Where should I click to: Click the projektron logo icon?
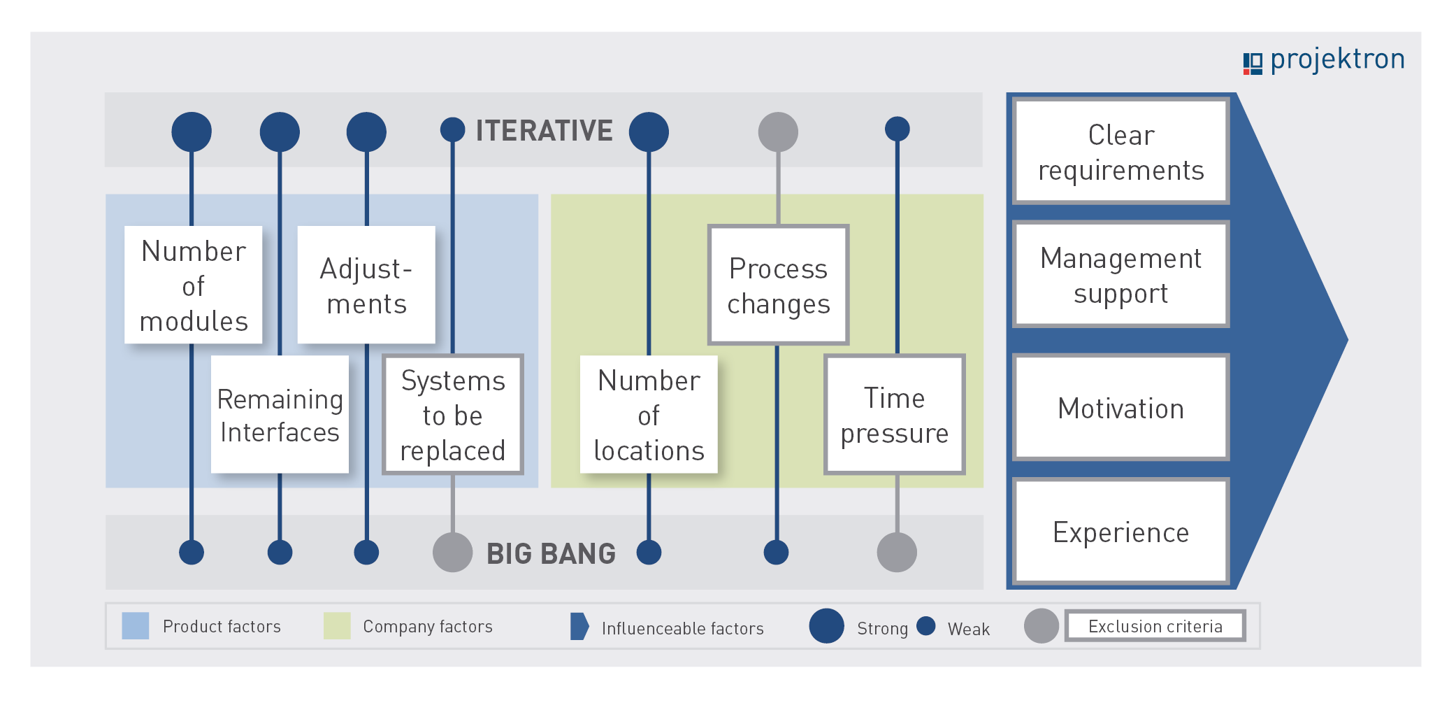coord(1253,63)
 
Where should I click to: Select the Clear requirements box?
coord(1121,151)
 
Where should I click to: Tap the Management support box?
coord(1121,274)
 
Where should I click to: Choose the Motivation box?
coord(1121,407)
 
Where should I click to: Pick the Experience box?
coord(1121,531)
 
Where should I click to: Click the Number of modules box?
coord(194,285)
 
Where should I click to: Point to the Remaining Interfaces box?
coord(280,414)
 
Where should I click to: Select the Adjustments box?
coord(366,285)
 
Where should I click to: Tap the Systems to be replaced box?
coord(453,414)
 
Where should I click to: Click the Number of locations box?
coord(649,414)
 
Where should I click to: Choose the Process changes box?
coord(778,285)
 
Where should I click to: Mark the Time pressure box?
coord(895,414)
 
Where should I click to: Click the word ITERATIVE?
coord(544,131)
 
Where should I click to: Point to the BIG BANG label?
coord(551,553)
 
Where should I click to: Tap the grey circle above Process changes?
coord(778,132)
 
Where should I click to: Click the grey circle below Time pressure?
coord(897,552)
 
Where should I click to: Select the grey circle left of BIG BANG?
coord(453,552)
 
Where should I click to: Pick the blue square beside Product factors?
coord(136,626)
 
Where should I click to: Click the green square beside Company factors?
coord(337,626)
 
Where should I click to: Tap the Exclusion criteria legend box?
coord(1155,626)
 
